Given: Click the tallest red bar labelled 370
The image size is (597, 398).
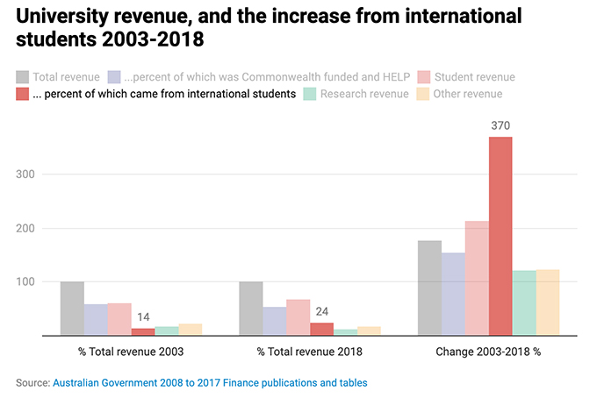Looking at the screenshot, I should pyautogui.click(x=500, y=236).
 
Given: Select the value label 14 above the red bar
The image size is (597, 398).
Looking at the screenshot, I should pyautogui.click(x=142, y=316).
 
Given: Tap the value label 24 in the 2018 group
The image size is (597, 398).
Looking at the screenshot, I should pyautogui.click(x=321, y=310).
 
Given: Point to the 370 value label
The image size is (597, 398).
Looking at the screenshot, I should pyautogui.click(x=500, y=126).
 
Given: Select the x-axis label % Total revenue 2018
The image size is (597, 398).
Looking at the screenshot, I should pyautogui.click(x=310, y=352).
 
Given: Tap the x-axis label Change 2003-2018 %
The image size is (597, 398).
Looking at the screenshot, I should pyautogui.click(x=488, y=352).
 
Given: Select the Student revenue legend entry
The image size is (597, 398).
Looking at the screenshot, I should pyautogui.click(x=474, y=77).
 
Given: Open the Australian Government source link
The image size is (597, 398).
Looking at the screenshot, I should pyautogui.click(x=210, y=382).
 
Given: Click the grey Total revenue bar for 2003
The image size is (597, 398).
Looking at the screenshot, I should pyautogui.click(x=72, y=309).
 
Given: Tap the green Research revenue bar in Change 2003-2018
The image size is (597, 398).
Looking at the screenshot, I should pyautogui.click(x=524, y=302).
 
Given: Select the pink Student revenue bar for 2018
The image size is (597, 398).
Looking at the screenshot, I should pyautogui.click(x=298, y=317).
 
